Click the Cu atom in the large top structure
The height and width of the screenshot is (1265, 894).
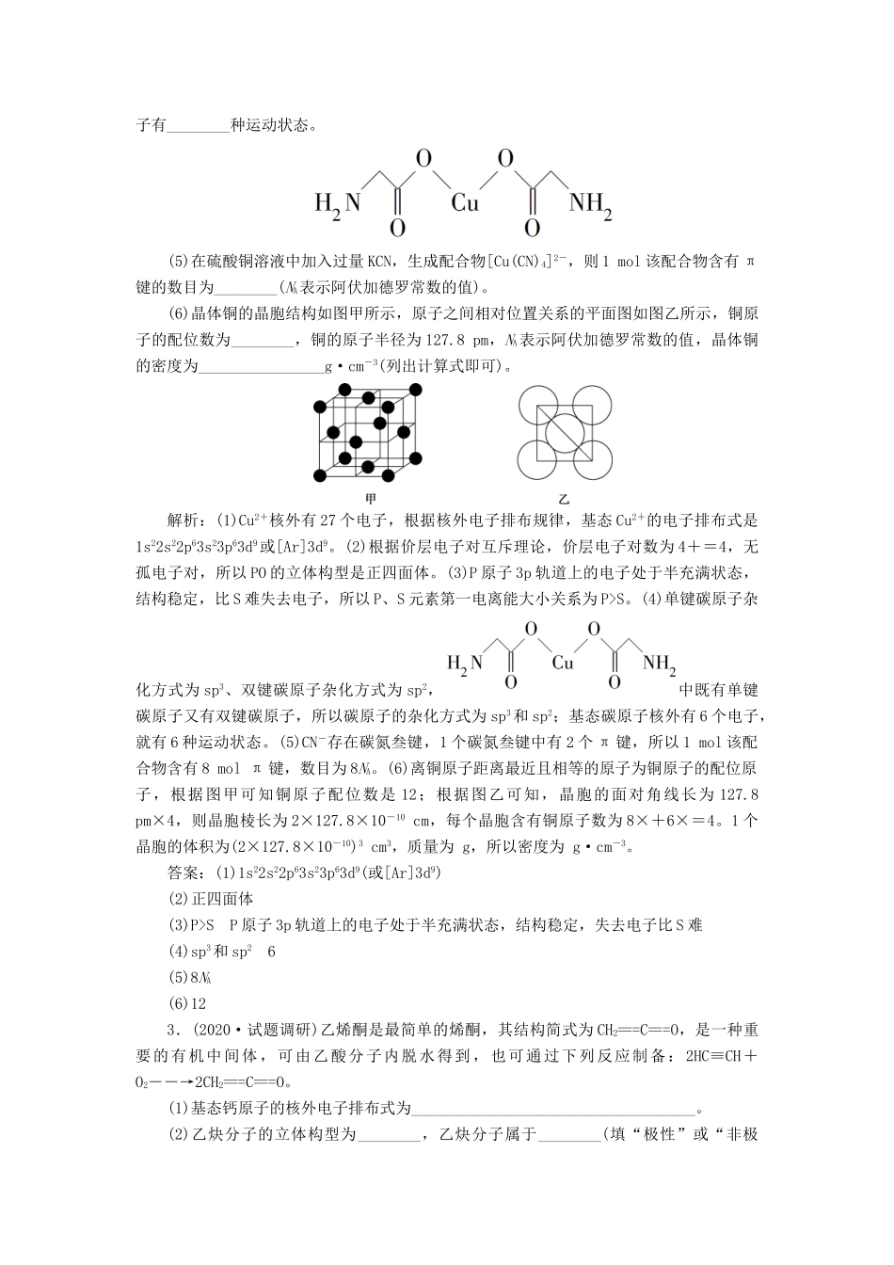pyautogui.click(x=465, y=201)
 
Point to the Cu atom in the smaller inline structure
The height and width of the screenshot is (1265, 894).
pyautogui.click(x=563, y=663)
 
